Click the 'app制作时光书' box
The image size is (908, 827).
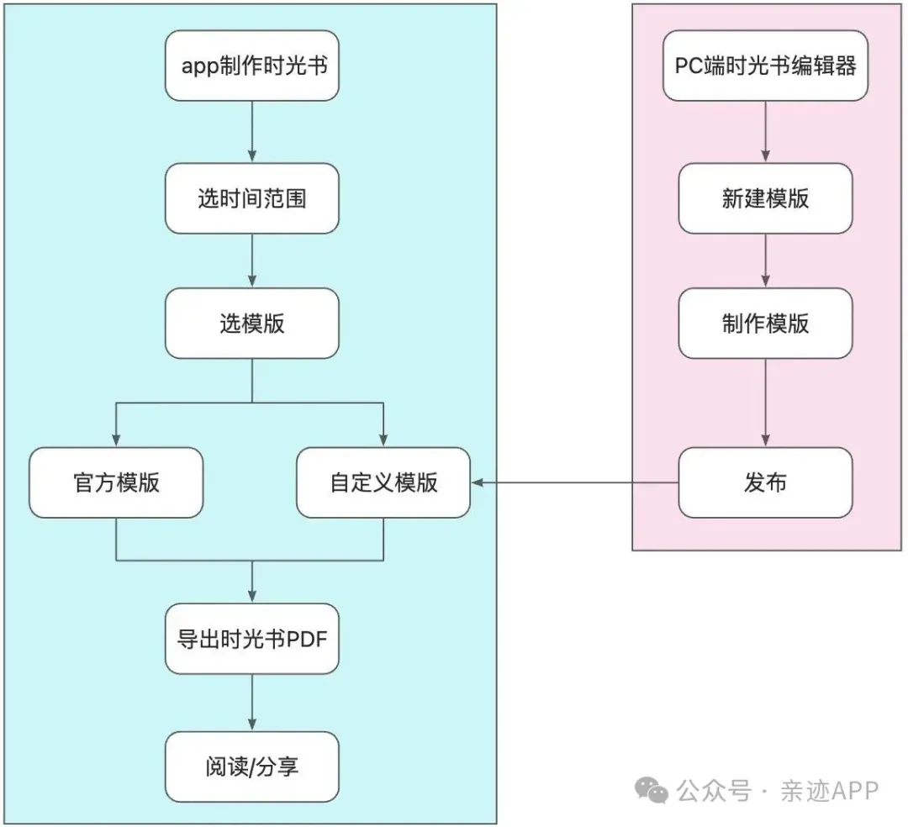click(x=252, y=66)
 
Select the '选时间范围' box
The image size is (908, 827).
click(x=252, y=198)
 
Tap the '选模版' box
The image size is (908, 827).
click(x=252, y=324)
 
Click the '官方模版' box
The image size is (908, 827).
click(x=116, y=482)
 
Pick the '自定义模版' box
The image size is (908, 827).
click(x=383, y=482)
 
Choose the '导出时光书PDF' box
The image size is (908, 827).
click(x=252, y=639)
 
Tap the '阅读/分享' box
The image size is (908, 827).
click(x=252, y=766)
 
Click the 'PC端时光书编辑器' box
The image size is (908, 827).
click(x=766, y=66)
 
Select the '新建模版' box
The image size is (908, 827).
click(x=766, y=198)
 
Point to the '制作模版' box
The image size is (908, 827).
click(x=766, y=324)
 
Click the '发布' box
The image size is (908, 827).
click(x=766, y=482)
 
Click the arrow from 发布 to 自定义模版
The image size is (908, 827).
click(x=575, y=482)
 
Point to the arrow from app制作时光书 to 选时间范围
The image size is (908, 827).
click(x=252, y=132)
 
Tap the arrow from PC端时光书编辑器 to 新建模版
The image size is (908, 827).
click(x=766, y=132)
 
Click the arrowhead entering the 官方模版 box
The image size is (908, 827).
click(x=116, y=440)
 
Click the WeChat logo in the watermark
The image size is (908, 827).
click(x=652, y=790)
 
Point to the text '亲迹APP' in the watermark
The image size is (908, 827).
click(x=829, y=791)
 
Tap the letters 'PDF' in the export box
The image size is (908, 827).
click(x=307, y=640)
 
